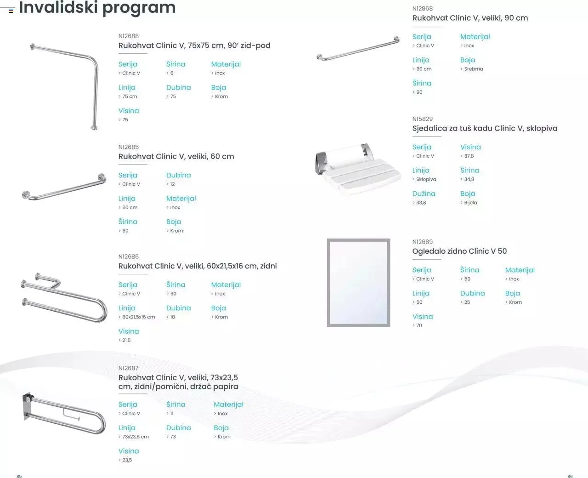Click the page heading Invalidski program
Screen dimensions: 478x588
(x=97, y=8)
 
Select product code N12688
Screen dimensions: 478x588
(x=128, y=36)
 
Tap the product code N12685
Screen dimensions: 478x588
(x=128, y=147)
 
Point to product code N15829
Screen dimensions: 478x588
(x=422, y=119)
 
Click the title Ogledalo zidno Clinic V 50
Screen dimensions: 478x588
(x=459, y=251)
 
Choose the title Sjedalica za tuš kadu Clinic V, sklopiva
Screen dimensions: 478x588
(x=485, y=128)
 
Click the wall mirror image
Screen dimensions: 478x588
(x=358, y=283)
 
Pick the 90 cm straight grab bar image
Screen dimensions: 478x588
(x=358, y=48)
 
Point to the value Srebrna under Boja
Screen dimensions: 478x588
(x=473, y=69)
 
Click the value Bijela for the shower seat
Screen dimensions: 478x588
(x=470, y=203)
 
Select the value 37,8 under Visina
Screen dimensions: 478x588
(x=469, y=156)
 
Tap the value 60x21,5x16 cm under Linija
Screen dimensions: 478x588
(x=138, y=317)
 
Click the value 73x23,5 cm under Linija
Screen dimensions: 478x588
(x=135, y=437)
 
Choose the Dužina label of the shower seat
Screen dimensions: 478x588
(x=424, y=193)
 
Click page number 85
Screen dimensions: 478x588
(x=19, y=476)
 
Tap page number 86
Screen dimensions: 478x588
(x=570, y=476)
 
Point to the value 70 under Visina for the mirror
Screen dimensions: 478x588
(x=419, y=325)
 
